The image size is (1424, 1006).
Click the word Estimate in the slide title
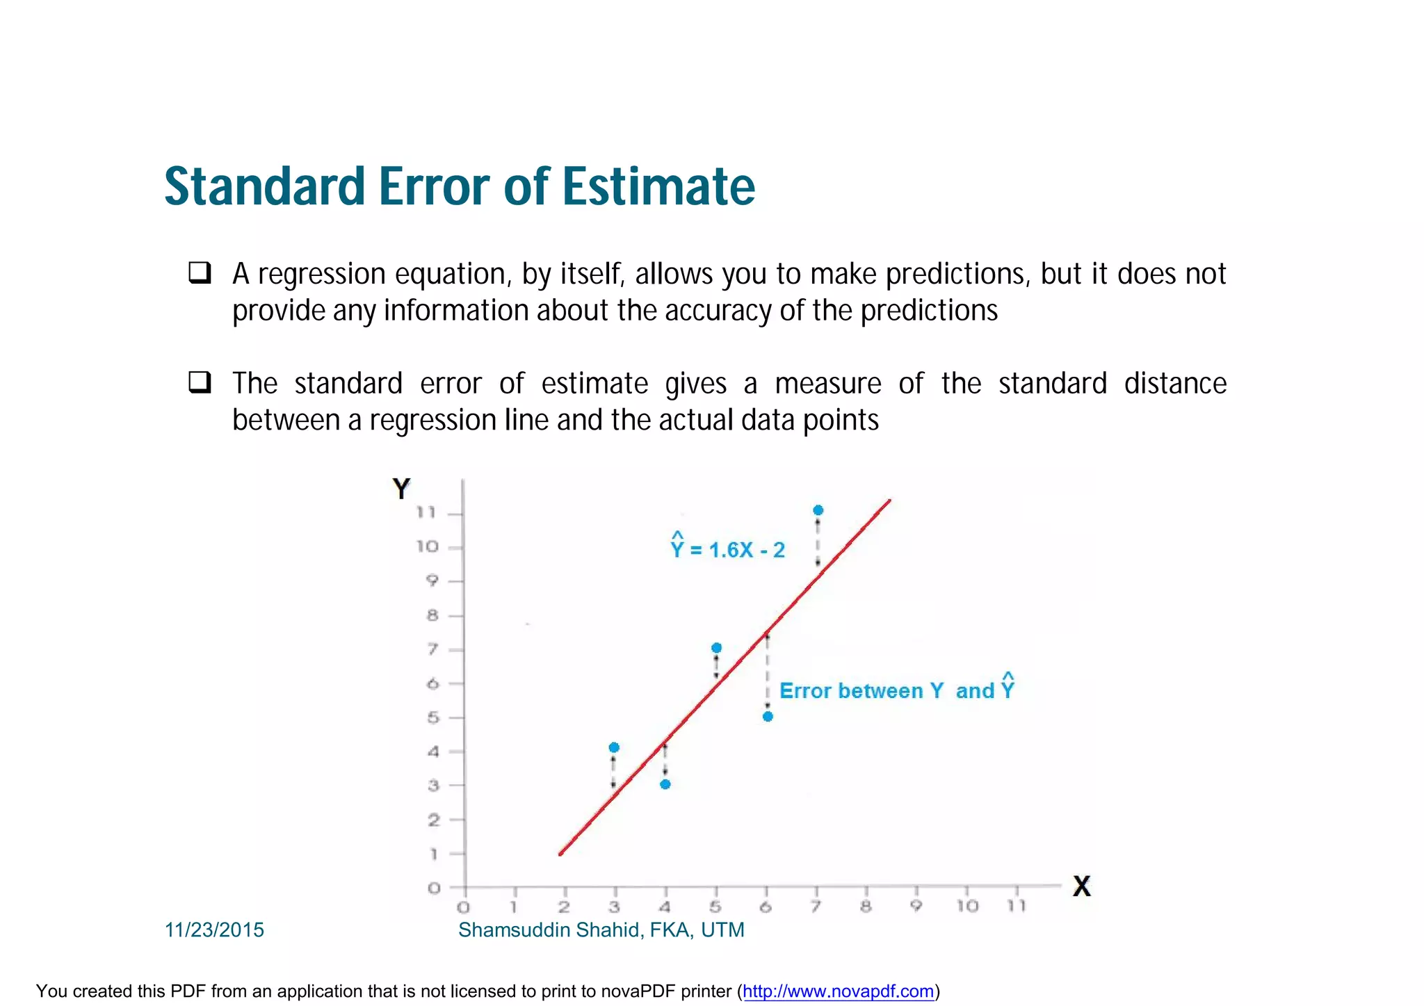(x=658, y=187)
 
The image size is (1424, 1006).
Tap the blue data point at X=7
(x=818, y=510)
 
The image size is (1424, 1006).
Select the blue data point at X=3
(x=614, y=747)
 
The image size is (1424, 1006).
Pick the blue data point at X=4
(x=665, y=784)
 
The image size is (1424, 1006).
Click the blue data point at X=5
(x=716, y=648)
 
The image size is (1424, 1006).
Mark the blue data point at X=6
(x=768, y=717)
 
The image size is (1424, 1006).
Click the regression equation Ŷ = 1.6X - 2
(x=727, y=549)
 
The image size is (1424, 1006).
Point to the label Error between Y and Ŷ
(x=896, y=690)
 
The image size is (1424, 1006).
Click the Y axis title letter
(x=401, y=489)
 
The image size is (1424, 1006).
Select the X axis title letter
(x=1081, y=886)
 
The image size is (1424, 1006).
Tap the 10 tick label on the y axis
(x=428, y=547)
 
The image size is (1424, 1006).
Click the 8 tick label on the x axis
(x=866, y=907)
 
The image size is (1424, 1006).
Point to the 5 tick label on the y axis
(x=433, y=717)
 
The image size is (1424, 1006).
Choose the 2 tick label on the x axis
(x=564, y=907)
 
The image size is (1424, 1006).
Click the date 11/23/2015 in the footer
(x=214, y=930)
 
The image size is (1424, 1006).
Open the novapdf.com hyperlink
(x=838, y=991)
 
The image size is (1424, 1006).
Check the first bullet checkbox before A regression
(x=200, y=272)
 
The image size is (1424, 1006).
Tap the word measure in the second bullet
(x=827, y=384)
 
